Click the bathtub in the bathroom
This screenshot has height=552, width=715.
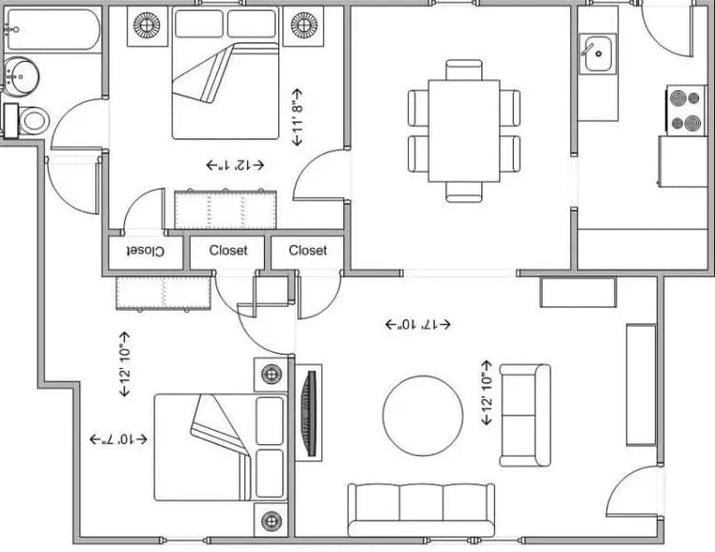[x=52, y=30]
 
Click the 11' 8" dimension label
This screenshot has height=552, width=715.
[x=297, y=117]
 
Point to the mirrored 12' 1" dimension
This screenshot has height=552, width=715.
[x=235, y=165]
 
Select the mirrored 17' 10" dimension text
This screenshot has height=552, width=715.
[x=417, y=324]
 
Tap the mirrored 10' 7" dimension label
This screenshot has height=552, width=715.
[x=118, y=440]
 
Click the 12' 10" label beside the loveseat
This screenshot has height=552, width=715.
[x=487, y=393]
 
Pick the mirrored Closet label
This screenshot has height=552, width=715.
[x=143, y=252]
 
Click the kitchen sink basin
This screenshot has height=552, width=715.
[x=599, y=54]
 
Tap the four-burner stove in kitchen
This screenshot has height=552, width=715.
[x=684, y=110]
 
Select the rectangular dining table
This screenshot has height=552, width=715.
[x=464, y=131]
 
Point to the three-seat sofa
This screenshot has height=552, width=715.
[x=420, y=509]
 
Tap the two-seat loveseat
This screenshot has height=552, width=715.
[x=524, y=415]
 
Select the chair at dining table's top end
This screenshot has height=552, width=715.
[x=464, y=69]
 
